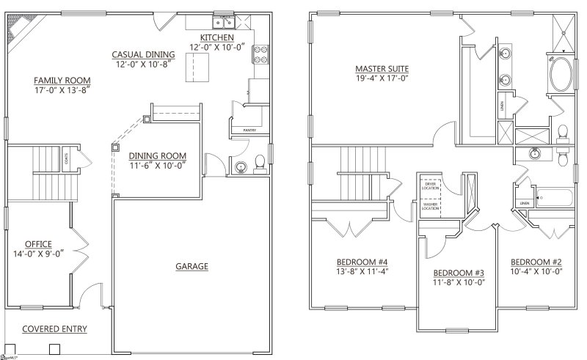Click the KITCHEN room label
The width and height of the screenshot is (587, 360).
pos(216,37)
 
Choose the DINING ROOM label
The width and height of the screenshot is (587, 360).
pos(157,155)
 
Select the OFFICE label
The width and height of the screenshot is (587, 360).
pos(37,243)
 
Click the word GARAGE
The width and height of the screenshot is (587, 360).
pos(192,266)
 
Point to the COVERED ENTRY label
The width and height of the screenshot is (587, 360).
pos(54,328)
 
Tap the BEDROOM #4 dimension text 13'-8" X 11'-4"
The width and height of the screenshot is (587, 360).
pos(361,271)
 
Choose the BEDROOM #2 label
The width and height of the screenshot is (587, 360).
pos(536,262)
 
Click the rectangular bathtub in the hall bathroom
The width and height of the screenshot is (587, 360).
pos(555,196)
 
